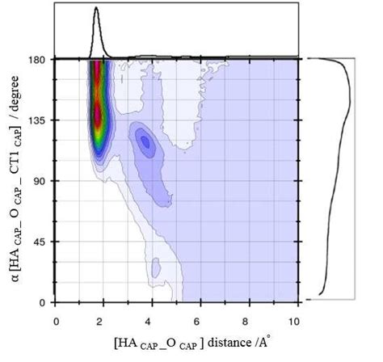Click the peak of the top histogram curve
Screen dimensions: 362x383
(x=96, y=8)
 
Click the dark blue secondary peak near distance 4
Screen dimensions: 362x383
(x=145, y=142)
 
